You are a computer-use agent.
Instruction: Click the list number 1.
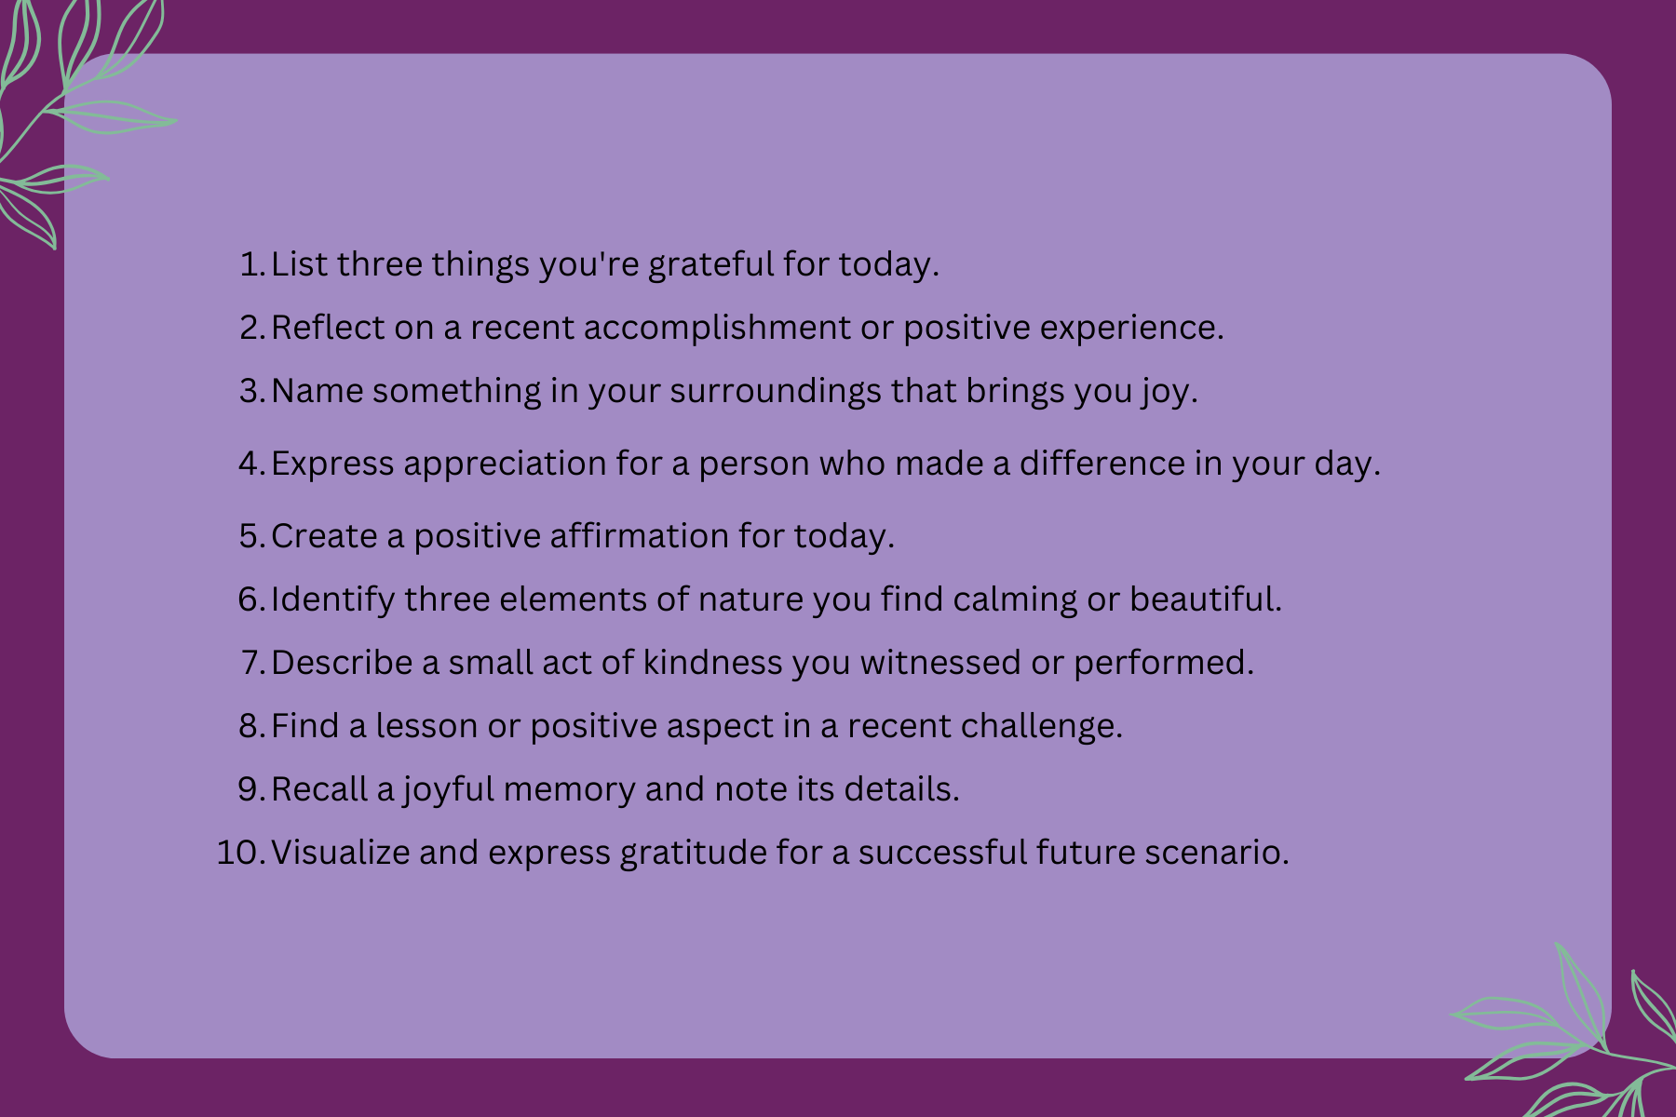pyautogui.click(x=252, y=264)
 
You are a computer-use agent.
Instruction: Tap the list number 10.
pyautogui.click(x=241, y=853)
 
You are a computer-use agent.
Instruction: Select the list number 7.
pyautogui.click(x=252, y=663)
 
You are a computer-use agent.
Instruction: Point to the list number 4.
pyautogui.click(x=252, y=464)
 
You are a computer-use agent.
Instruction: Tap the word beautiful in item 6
pyautogui.click(x=1206, y=599)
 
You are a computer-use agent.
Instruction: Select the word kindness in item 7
pyautogui.click(x=713, y=663)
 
